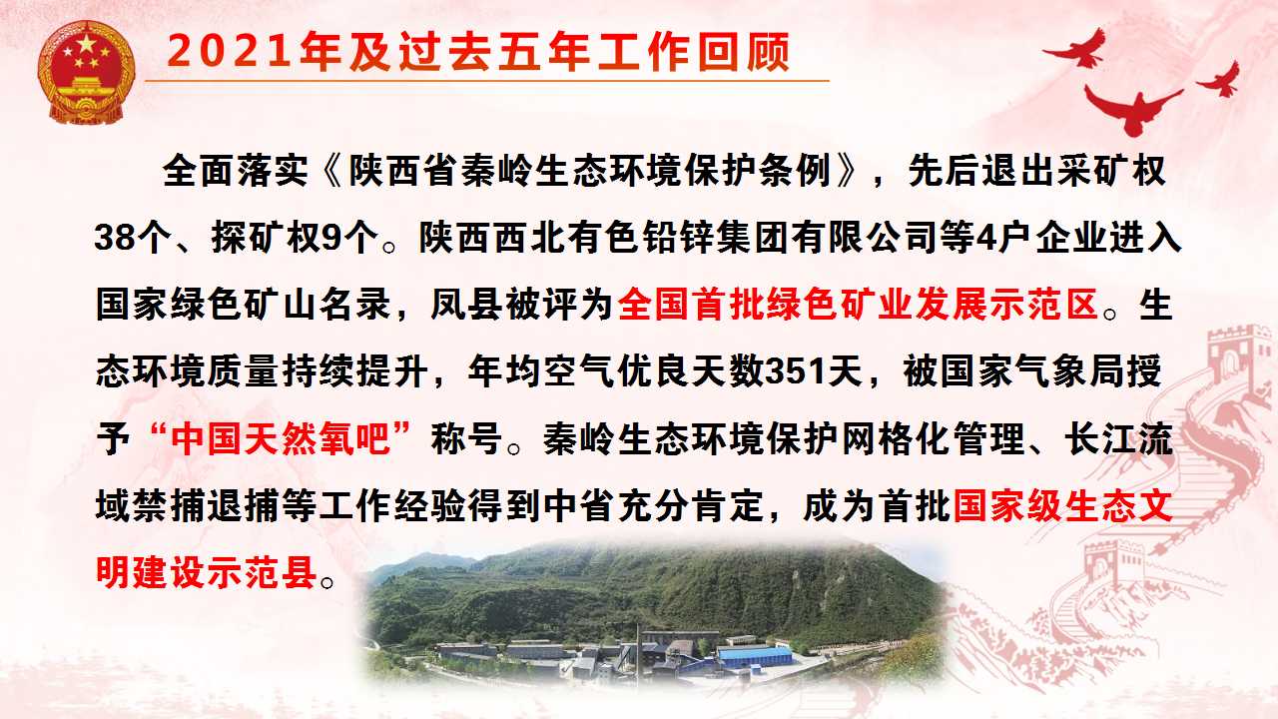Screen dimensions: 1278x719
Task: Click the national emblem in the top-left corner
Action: (x=86, y=73)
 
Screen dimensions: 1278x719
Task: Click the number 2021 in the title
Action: (x=230, y=52)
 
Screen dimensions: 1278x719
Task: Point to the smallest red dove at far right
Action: (x=1221, y=80)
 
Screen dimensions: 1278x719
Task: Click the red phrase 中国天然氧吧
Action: (x=280, y=438)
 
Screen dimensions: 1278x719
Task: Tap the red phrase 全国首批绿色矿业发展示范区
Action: (x=858, y=305)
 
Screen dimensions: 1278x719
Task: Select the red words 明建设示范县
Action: (x=206, y=572)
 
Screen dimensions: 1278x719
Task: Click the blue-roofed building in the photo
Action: (x=754, y=657)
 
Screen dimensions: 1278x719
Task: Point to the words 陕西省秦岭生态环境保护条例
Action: (x=590, y=171)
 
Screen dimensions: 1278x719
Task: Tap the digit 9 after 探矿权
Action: (x=331, y=238)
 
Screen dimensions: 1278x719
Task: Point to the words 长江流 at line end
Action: (x=1119, y=438)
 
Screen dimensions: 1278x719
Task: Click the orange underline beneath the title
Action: (x=486, y=81)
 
